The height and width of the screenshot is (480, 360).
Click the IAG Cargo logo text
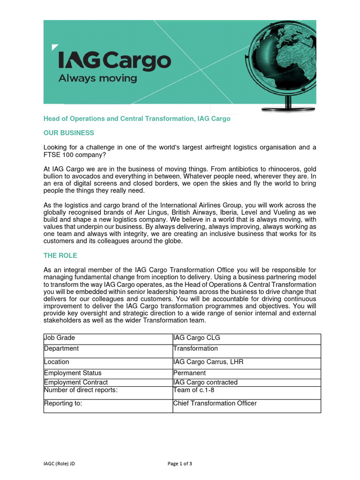click(x=114, y=62)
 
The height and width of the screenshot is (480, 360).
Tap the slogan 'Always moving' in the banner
click(x=97, y=78)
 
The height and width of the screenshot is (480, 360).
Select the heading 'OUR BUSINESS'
click(x=68, y=133)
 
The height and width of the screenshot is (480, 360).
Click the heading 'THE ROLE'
click(x=60, y=255)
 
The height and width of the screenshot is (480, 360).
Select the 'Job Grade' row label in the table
click(x=60, y=337)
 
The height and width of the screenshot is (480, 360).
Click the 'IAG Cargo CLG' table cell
click(x=196, y=337)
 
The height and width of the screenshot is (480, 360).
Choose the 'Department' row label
click(x=61, y=348)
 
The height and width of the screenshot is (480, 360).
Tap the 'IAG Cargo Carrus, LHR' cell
click(x=208, y=362)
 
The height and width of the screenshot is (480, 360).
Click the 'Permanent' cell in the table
click(x=189, y=373)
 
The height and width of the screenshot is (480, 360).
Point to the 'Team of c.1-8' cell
click(x=194, y=390)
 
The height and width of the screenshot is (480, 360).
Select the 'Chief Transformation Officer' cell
click(x=215, y=403)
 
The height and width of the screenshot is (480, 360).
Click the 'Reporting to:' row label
click(x=63, y=403)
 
